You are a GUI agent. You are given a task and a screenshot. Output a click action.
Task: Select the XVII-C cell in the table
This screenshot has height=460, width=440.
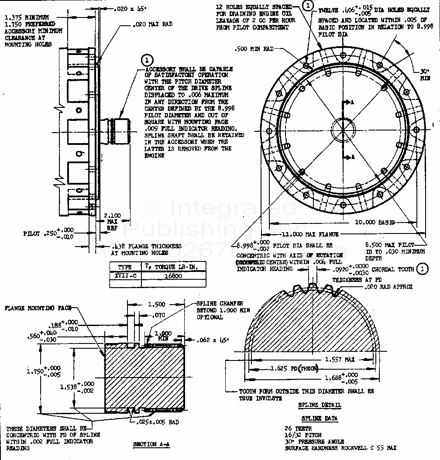coord(125,276)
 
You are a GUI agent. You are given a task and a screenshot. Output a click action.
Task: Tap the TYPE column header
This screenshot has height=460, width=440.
coord(125,267)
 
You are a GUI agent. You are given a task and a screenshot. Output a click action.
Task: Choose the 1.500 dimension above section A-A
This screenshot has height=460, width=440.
coord(156,304)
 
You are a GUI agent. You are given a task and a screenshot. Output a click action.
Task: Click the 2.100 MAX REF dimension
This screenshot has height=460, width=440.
coord(113,220)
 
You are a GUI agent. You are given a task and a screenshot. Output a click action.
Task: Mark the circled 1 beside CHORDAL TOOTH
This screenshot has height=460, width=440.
coord(422,269)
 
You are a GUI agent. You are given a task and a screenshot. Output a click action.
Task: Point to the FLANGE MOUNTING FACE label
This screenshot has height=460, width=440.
coord(38,308)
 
